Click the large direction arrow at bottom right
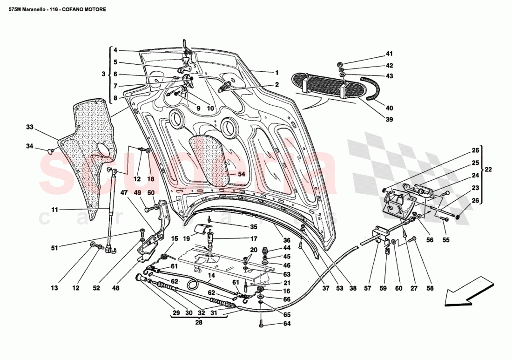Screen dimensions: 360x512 (x=468, y=292)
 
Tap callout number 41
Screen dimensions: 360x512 (x=389, y=54)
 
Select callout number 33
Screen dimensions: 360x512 (x=30, y=127)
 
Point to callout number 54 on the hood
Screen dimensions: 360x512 (x=241, y=174)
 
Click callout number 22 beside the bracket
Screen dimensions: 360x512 (x=488, y=170)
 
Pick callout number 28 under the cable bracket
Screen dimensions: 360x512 (x=199, y=322)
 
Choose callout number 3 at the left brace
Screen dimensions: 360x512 (x=103, y=74)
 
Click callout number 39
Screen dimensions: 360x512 (x=389, y=119)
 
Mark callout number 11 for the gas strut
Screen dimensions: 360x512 (x=54, y=210)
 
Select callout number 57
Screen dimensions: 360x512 (x=368, y=288)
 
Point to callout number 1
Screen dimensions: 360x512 (x=276, y=73)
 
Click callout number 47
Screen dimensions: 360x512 (x=124, y=192)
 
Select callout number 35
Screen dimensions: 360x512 (x=253, y=227)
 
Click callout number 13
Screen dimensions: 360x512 (x=54, y=288)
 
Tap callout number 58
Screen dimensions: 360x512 (x=430, y=288)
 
